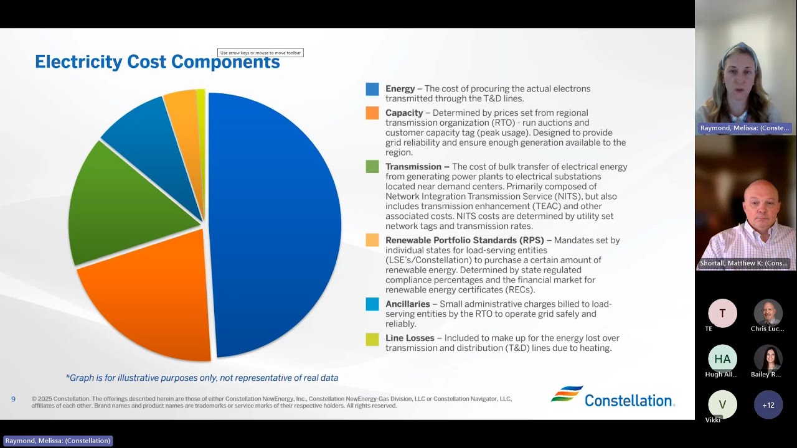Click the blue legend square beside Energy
click(x=372, y=89)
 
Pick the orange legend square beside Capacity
click(x=372, y=113)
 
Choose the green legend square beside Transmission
click(x=372, y=167)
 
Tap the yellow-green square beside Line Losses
click(x=372, y=339)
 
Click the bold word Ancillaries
click(x=408, y=304)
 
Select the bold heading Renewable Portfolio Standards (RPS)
click(x=465, y=240)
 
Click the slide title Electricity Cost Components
click(x=157, y=62)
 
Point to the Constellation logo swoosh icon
click(x=567, y=394)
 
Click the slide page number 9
click(x=14, y=399)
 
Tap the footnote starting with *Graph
click(x=202, y=378)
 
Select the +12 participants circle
click(x=768, y=405)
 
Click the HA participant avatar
click(x=722, y=359)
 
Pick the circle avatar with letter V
click(x=722, y=404)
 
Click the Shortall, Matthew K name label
click(x=743, y=263)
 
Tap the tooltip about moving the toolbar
click(x=260, y=53)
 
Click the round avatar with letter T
click(x=722, y=314)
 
